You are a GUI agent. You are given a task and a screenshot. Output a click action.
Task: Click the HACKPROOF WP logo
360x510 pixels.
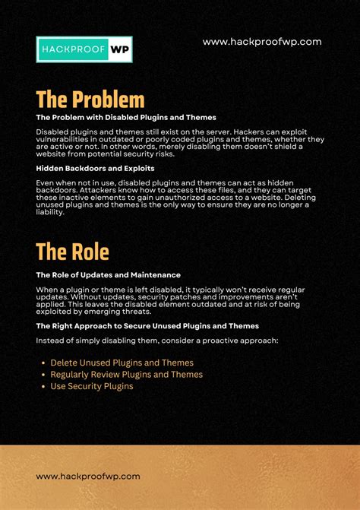(84, 49)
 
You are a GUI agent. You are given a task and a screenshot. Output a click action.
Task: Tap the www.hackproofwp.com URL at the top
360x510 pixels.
(262, 43)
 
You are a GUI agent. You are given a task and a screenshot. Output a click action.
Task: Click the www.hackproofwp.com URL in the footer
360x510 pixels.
(88, 476)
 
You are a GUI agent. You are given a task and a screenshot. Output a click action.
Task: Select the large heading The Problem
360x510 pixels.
(90, 100)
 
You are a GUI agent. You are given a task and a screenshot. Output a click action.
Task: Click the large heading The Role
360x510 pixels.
(72, 252)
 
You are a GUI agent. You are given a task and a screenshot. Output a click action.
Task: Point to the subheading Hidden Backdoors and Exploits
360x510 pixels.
(95, 168)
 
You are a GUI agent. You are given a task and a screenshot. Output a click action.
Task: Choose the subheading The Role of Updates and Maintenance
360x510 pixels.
(107, 274)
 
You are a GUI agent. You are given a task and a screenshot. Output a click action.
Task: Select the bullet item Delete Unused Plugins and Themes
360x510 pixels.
(122, 363)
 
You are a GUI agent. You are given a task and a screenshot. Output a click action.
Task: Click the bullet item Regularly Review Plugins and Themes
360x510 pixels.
(126, 374)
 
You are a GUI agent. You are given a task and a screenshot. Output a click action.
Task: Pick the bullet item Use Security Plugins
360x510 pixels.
(91, 386)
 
